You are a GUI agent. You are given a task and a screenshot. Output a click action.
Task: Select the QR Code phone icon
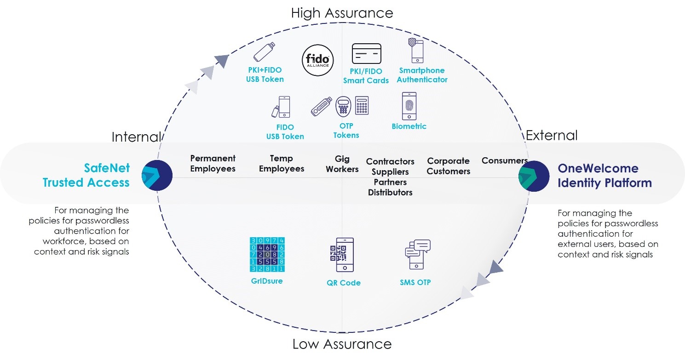tap(341, 255)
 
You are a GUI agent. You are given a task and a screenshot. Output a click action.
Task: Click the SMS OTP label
tap(415, 282)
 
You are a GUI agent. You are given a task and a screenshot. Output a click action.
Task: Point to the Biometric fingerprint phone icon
tap(409, 106)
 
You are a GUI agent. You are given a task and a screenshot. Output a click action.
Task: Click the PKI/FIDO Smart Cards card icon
tap(366, 54)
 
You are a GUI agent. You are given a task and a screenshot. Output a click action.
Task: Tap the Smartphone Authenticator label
tap(422, 75)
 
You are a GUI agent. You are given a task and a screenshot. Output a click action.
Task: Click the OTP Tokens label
tap(346, 131)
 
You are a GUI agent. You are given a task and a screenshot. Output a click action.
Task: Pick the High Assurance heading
tap(342, 12)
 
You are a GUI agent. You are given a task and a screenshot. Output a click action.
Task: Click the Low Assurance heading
tap(342, 344)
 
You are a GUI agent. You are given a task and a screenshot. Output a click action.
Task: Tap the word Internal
tap(136, 137)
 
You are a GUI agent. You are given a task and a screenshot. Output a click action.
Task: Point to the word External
tap(551, 136)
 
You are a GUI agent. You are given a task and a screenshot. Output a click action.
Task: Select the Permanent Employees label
tap(213, 163)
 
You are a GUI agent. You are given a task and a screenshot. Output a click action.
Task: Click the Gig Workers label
tap(342, 164)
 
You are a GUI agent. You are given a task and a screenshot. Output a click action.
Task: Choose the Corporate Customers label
tap(449, 166)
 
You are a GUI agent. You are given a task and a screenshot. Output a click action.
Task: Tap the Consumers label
tap(504, 160)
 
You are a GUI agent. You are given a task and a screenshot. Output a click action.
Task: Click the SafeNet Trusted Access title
tap(86, 175)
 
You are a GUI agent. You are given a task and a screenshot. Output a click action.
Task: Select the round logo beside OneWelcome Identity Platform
tap(534, 176)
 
